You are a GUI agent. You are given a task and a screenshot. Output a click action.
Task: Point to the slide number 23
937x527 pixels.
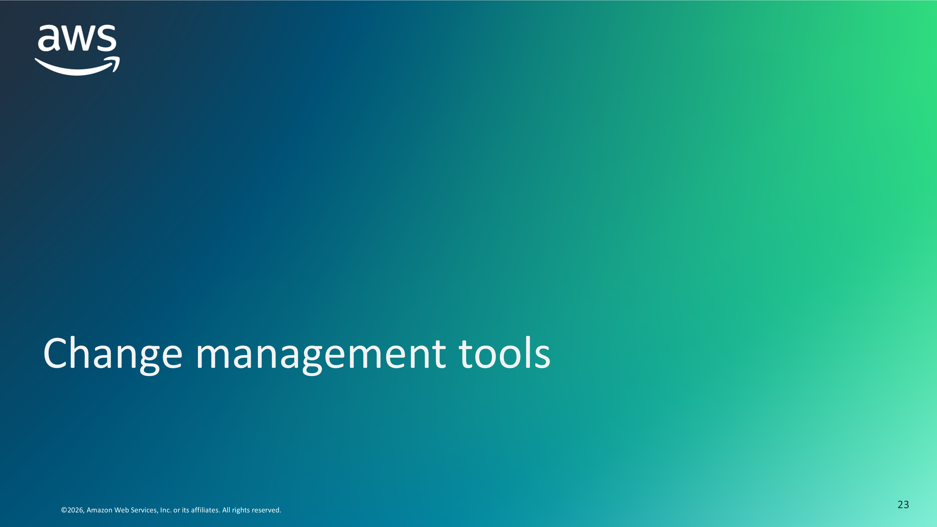point(903,505)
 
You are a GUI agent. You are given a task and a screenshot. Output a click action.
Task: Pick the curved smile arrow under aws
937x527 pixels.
point(77,67)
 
